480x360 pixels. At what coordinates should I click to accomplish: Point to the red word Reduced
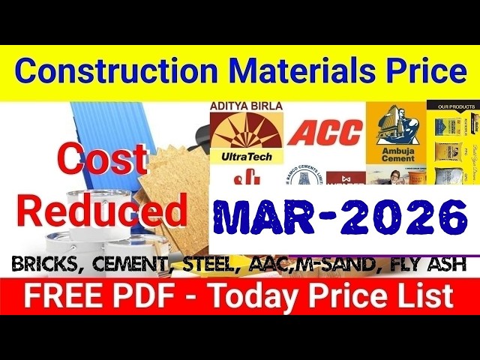tap(103, 211)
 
